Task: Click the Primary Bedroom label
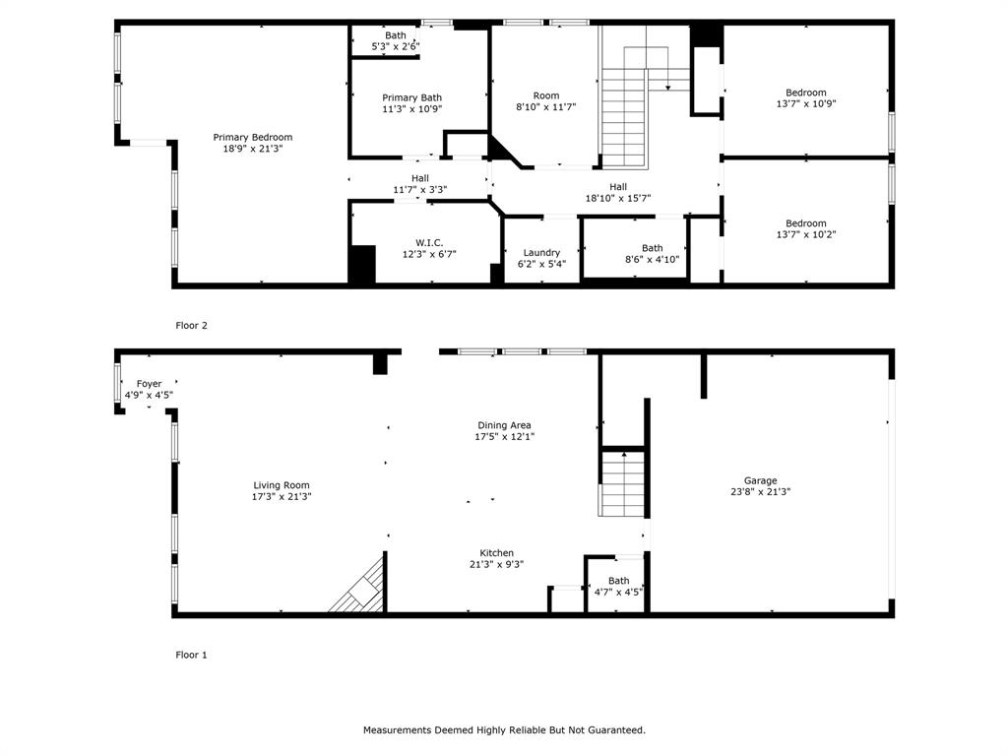pyautogui.click(x=253, y=138)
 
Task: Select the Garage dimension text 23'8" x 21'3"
pyautogui.click(x=760, y=492)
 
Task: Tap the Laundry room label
pyautogui.click(x=541, y=252)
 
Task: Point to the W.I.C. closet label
pyautogui.click(x=429, y=242)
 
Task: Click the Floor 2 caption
pyautogui.click(x=191, y=325)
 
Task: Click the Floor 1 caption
pyautogui.click(x=191, y=655)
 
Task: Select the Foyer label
pyautogui.click(x=149, y=384)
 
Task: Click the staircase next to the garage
pyautogui.click(x=621, y=484)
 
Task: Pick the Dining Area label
pyautogui.click(x=504, y=425)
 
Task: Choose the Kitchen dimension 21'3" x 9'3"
pyautogui.click(x=496, y=565)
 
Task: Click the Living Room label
pyautogui.click(x=282, y=485)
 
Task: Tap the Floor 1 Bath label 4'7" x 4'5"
pyautogui.click(x=618, y=581)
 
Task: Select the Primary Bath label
pyautogui.click(x=411, y=97)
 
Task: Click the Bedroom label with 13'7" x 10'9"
pyautogui.click(x=805, y=93)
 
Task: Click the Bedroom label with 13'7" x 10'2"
pyautogui.click(x=805, y=223)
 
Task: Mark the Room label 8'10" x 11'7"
pyautogui.click(x=545, y=95)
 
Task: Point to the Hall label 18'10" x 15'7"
pyautogui.click(x=617, y=187)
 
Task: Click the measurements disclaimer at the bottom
pyautogui.click(x=504, y=730)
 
